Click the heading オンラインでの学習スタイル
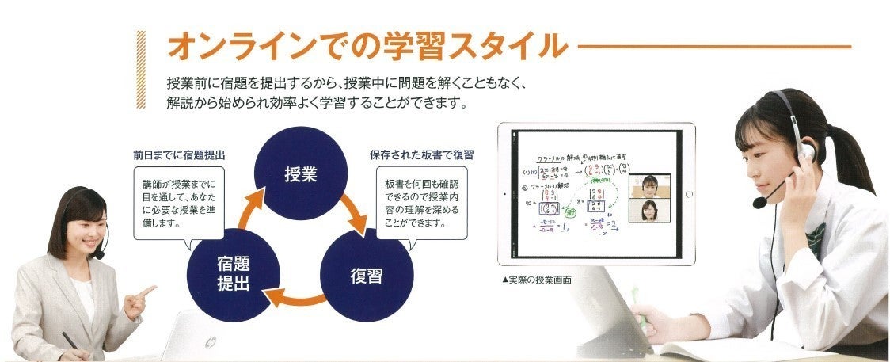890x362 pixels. click(367, 46)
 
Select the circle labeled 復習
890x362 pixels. click(367, 276)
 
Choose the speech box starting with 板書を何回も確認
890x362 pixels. click(420, 197)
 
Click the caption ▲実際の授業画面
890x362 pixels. click(536, 280)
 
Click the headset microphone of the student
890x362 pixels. click(759, 203)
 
